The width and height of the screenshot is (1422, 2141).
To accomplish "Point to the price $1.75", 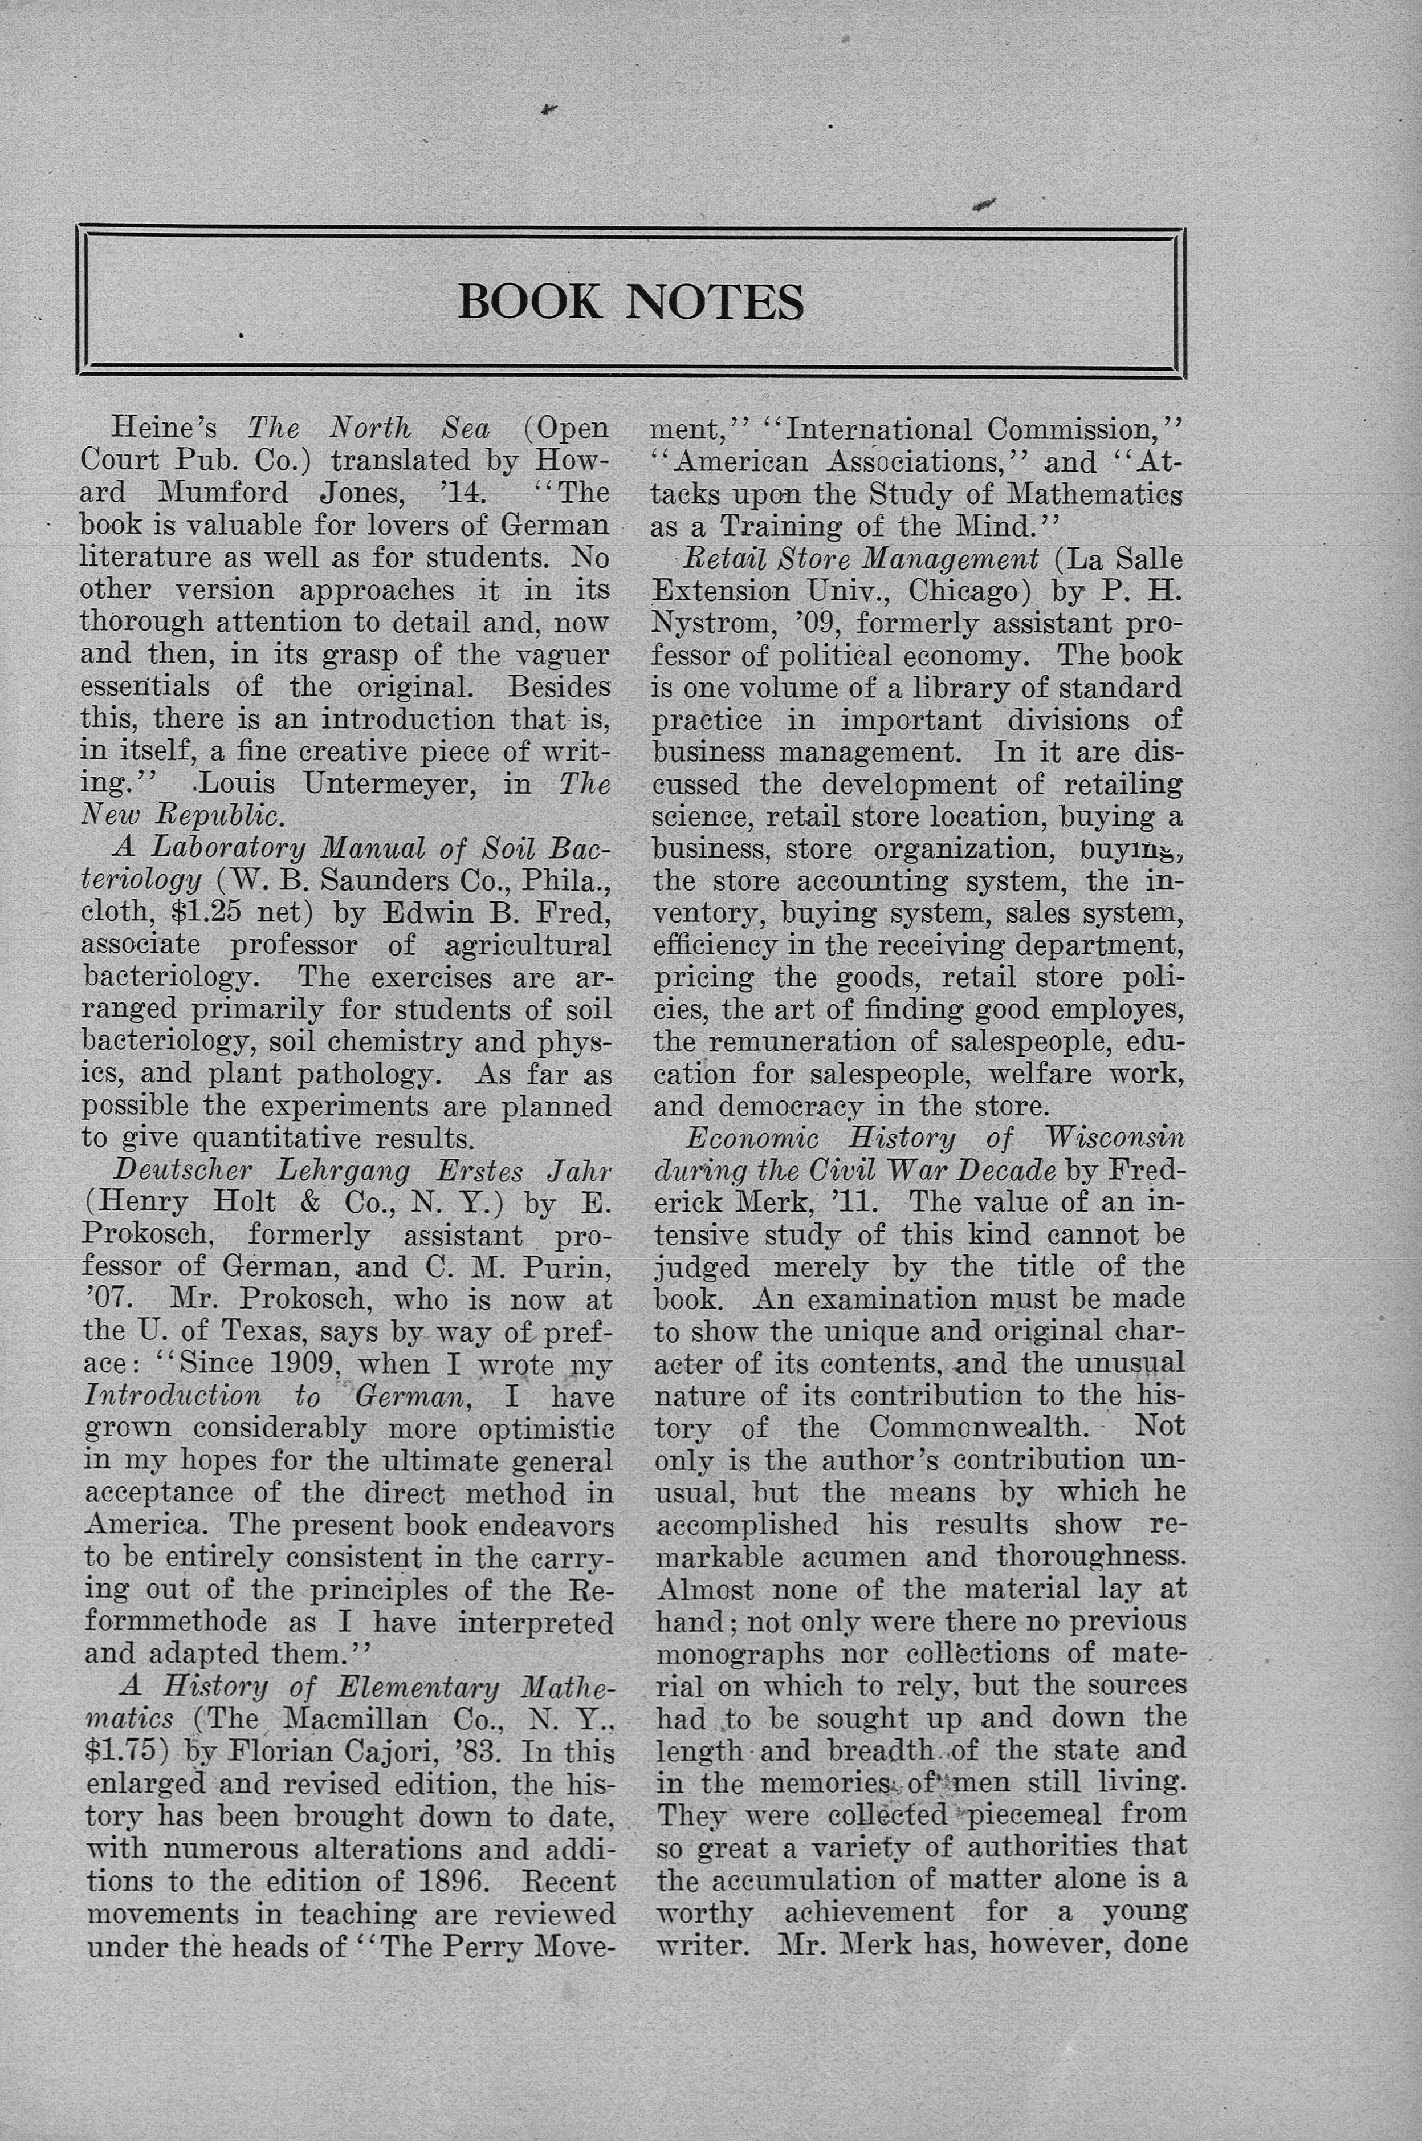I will pyautogui.click(x=124, y=1751).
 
